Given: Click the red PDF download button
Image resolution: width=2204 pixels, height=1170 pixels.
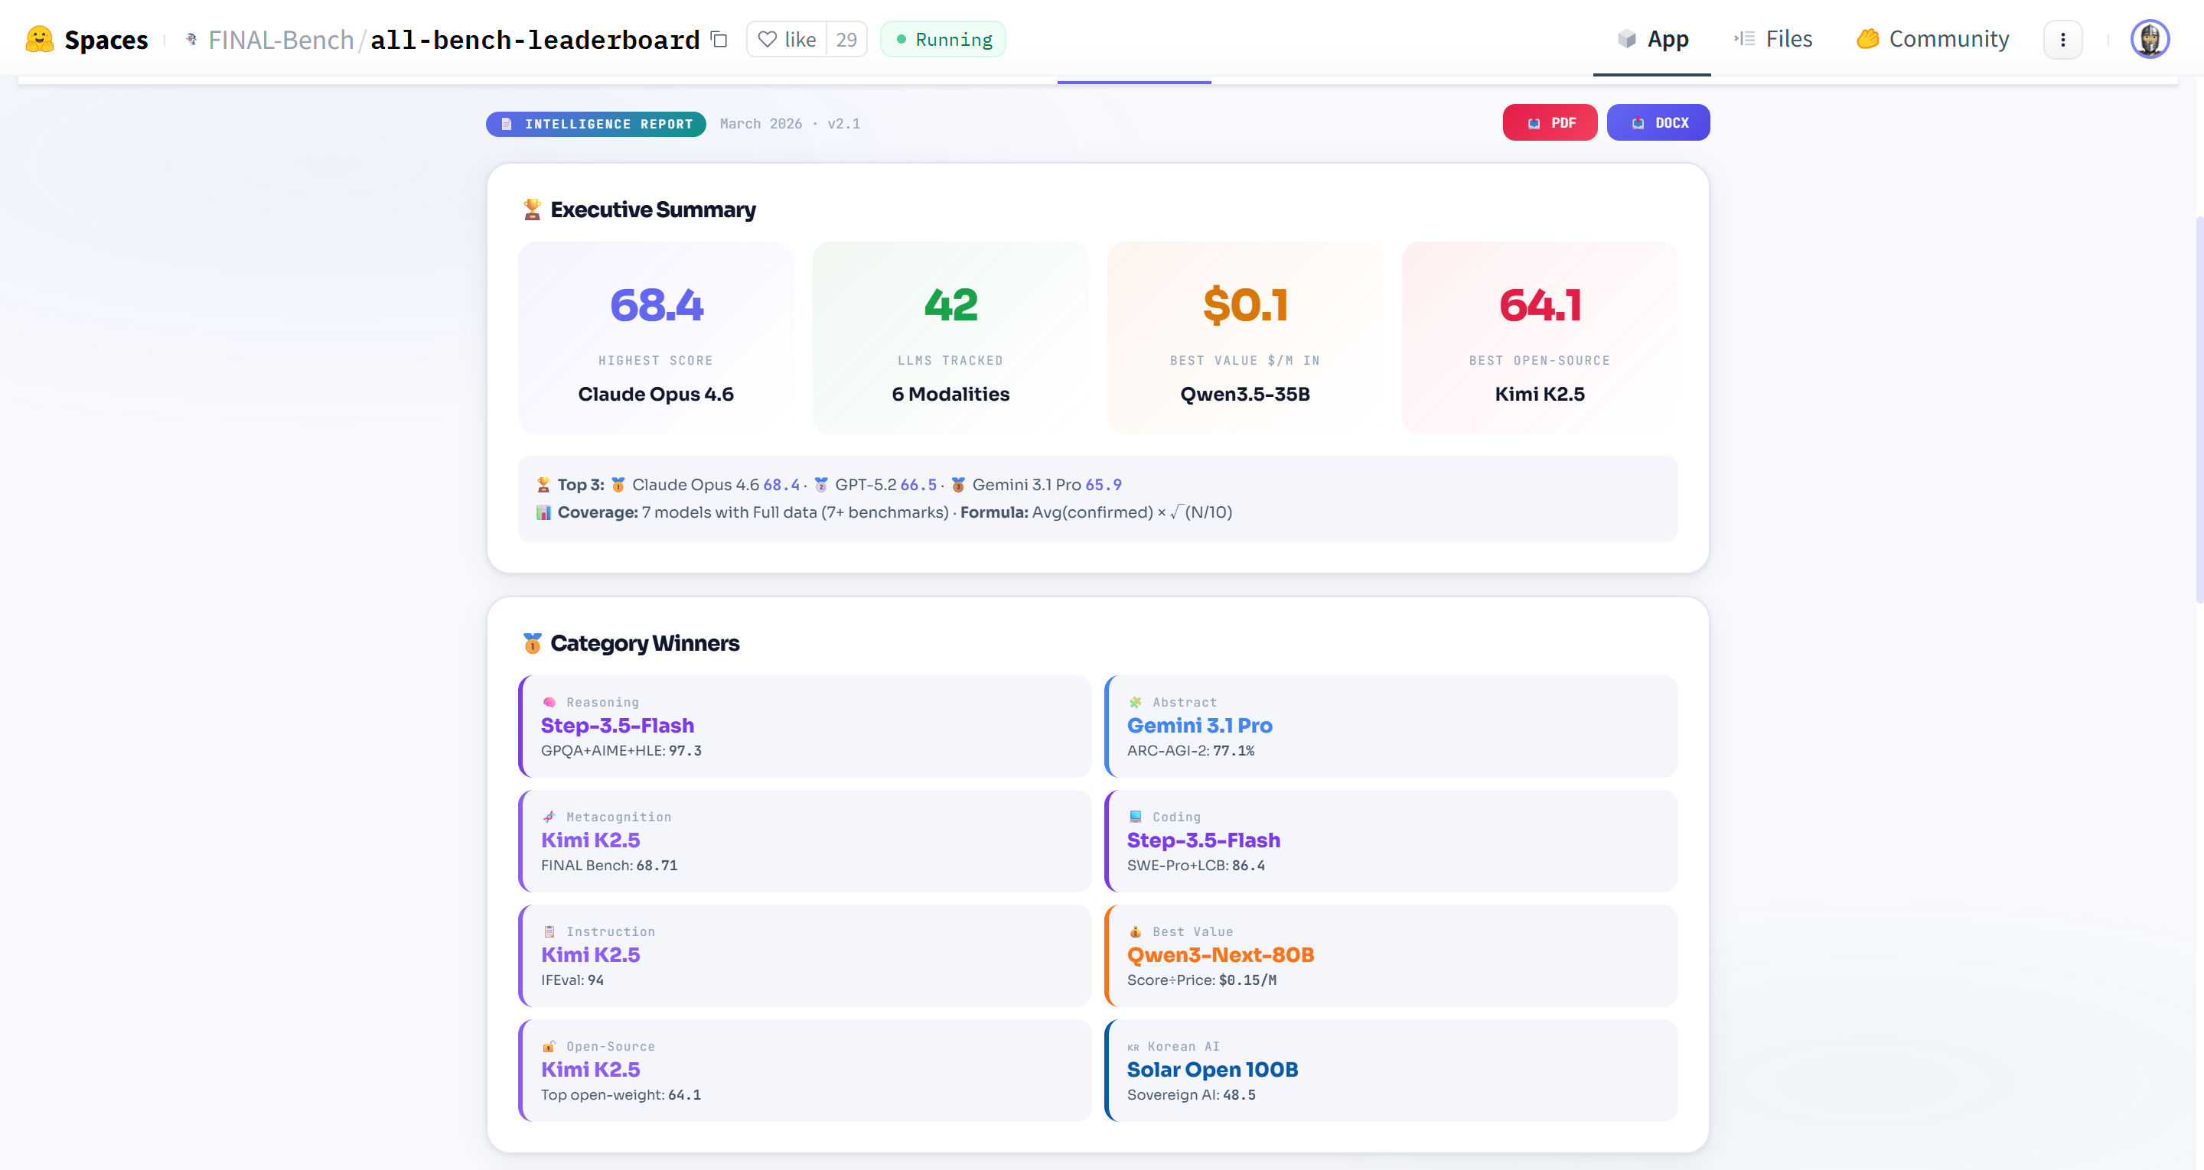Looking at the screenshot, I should click(1550, 123).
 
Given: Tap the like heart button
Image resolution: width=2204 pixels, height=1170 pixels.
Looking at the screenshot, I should click(786, 39).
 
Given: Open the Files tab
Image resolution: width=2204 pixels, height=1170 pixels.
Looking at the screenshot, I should click(1774, 39).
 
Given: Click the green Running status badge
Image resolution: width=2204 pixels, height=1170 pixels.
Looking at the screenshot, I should click(943, 39).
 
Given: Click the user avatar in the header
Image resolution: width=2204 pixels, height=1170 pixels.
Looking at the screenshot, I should click(2148, 39).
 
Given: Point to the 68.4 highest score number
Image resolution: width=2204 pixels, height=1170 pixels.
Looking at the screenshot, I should click(657, 305).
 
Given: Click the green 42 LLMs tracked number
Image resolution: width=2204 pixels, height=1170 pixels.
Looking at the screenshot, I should click(950, 305).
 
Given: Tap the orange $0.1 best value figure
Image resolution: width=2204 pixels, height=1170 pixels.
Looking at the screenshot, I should click(1245, 305).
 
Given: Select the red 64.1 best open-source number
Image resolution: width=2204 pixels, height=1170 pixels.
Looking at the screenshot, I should click(1539, 305).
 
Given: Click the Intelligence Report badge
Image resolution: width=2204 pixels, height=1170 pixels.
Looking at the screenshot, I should click(596, 124).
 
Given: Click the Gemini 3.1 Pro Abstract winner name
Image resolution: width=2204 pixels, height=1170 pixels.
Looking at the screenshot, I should click(1199, 725).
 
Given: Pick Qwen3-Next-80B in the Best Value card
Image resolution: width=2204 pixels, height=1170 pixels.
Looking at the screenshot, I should click(1220, 954).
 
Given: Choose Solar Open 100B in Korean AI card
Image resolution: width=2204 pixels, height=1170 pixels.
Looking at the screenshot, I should click(1212, 1069).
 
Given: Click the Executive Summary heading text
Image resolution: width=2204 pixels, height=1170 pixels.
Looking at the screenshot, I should click(653, 210).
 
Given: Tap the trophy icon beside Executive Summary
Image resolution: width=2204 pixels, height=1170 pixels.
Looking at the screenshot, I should click(532, 210).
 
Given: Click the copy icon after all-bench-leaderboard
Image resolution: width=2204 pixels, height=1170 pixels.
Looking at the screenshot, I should click(719, 39).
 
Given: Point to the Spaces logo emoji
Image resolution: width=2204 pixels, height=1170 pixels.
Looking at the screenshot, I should click(39, 39).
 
